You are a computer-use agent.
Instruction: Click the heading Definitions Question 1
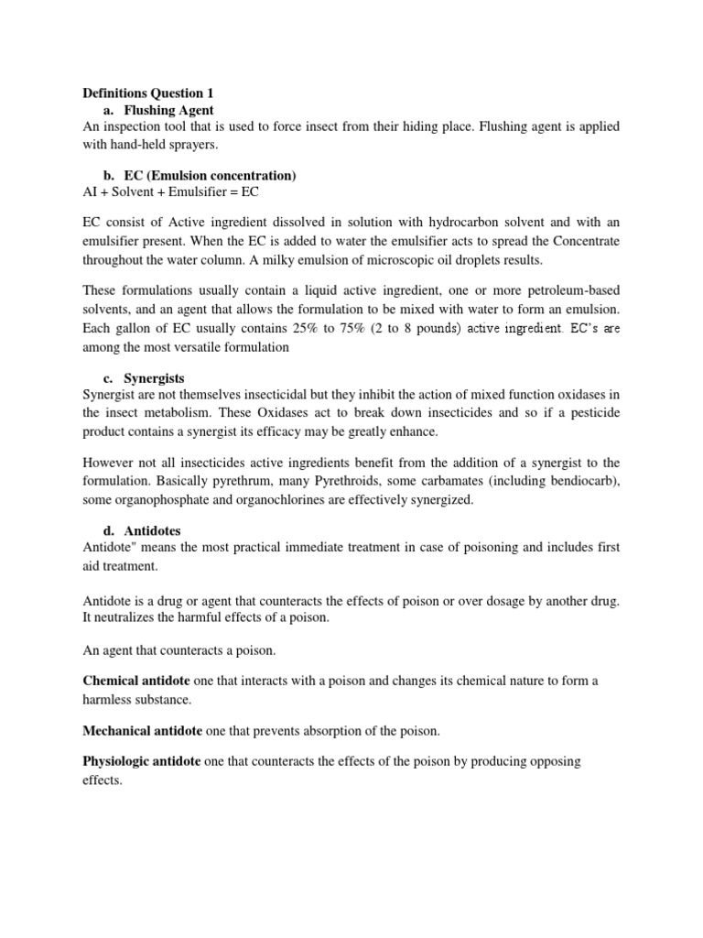147,93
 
